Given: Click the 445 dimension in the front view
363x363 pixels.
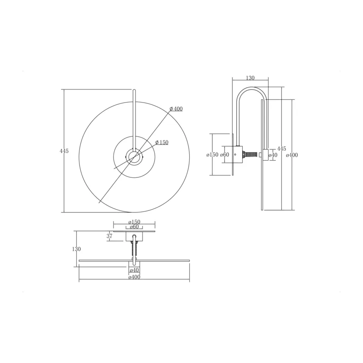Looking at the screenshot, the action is coord(64,151).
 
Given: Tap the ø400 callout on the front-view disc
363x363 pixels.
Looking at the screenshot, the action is coord(176,108).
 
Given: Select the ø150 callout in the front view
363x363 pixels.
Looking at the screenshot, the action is coord(162,142).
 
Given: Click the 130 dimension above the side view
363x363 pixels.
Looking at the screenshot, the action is coord(250,78).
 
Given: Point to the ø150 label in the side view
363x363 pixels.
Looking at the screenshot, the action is coord(212,155).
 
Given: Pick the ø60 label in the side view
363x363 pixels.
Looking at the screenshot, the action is coord(225,155).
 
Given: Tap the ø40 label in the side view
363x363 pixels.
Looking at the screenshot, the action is coord(273,155).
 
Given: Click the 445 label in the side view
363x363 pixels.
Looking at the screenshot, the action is coord(281,149).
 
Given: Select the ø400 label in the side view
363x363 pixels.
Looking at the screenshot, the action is coord(292,155).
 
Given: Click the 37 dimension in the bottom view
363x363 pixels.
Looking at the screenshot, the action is coord(109,236).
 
